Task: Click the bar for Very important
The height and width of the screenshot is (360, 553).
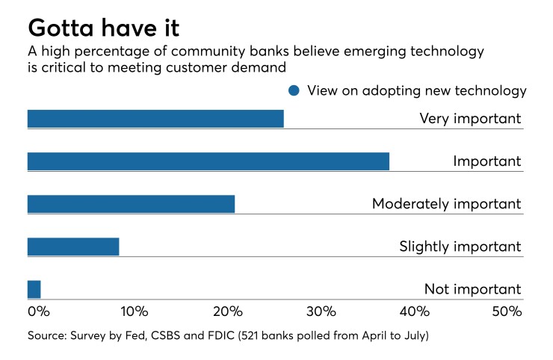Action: pyautogui.click(x=155, y=118)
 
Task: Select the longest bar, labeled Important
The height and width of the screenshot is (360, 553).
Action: pyautogui.click(x=208, y=161)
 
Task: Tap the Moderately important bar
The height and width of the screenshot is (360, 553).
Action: pyautogui.click(x=131, y=203)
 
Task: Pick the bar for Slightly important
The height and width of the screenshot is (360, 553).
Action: pyautogui.click(x=73, y=246)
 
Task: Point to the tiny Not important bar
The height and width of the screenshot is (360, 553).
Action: pyautogui.click(x=34, y=289)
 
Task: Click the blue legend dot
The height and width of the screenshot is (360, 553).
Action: pyautogui.click(x=294, y=91)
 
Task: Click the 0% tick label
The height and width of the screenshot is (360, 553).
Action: pyautogui.click(x=38, y=311)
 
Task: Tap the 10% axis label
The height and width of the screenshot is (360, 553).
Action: pyautogui.click(x=135, y=311)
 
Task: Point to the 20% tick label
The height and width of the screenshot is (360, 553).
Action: pyautogui.click(x=228, y=311)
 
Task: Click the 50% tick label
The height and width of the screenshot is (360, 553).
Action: pyautogui.click(x=506, y=311)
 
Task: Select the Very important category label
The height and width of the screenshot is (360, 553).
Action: pyautogui.click(x=470, y=118)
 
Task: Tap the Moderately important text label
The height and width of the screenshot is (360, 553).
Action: pyautogui.click(x=446, y=203)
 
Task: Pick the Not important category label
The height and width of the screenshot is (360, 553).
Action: pyautogui.click(x=472, y=289)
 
